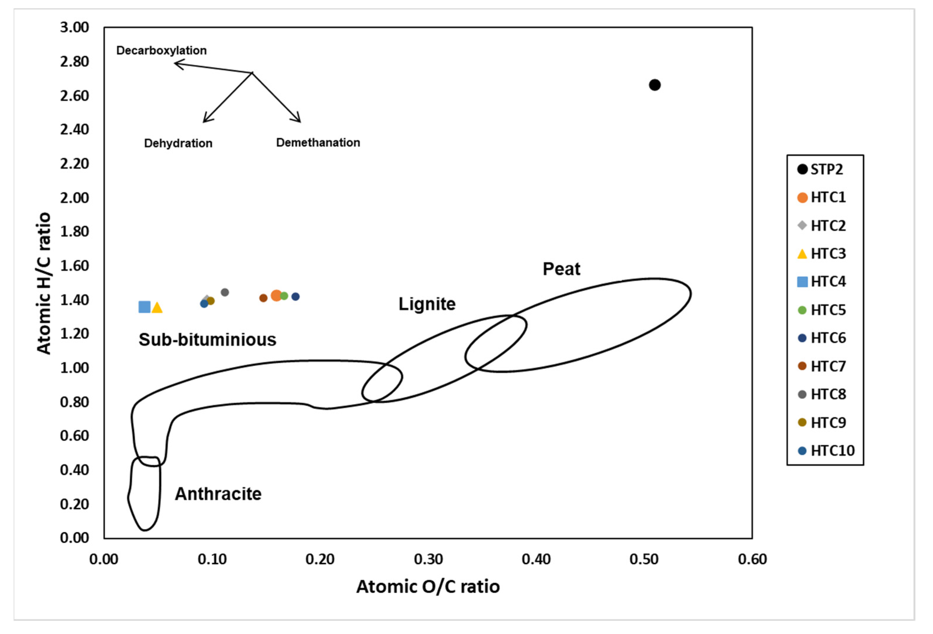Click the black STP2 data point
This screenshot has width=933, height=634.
tap(654, 85)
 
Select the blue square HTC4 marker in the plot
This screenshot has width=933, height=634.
tap(144, 307)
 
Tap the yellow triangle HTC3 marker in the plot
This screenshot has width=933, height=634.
tap(157, 308)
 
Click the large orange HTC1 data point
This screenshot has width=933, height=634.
tap(276, 295)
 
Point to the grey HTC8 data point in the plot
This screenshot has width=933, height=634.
tap(225, 292)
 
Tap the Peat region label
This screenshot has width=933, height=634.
tap(561, 269)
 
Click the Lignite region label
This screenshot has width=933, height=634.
tap(427, 304)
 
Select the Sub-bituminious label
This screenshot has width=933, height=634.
tap(207, 340)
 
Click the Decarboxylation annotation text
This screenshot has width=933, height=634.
tap(161, 51)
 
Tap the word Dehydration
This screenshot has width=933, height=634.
tap(178, 143)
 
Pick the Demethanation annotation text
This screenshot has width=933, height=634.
tap(318, 142)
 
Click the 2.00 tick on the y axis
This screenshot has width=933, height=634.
tap(74, 198)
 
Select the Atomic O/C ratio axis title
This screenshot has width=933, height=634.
tap(428, 587)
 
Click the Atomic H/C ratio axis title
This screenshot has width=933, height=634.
tap(44, 283)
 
